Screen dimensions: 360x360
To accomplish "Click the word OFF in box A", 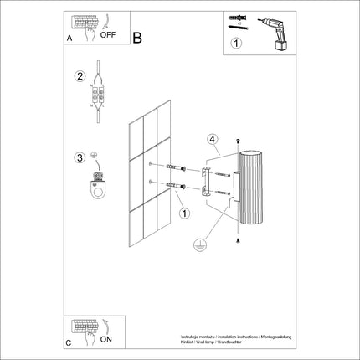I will coord(108,36).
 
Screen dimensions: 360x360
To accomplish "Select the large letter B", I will coord(137,37).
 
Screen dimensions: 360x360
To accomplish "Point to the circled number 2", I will coord(80,76).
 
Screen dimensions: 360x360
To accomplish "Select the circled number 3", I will coord(80,157).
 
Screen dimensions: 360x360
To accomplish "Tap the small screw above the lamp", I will coord(239,139).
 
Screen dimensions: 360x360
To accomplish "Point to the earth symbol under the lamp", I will coord(198,246).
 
